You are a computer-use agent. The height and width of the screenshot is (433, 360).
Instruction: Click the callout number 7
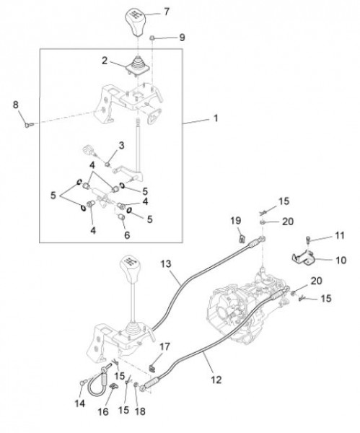167,11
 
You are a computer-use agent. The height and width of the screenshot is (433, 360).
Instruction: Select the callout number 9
182,36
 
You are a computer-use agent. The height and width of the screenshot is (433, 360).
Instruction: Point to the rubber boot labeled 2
136,68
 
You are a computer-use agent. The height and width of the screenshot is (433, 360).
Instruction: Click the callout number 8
16,105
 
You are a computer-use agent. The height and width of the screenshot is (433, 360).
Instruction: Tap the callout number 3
121,145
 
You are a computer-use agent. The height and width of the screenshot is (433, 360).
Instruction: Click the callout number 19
235,219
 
